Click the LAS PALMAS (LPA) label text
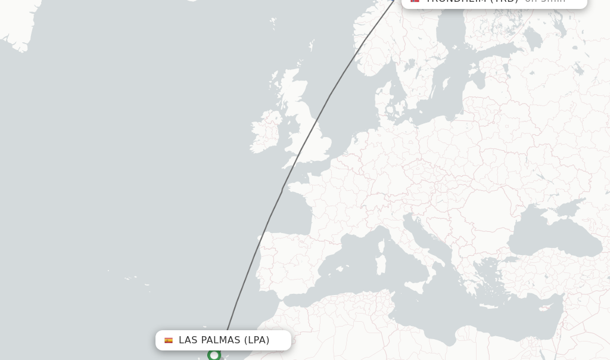[x=224, y=340]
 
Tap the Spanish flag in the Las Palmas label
[x=169, y=340]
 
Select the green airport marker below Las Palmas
[x=214, y=355]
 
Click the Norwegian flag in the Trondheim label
[x=415, y=1]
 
